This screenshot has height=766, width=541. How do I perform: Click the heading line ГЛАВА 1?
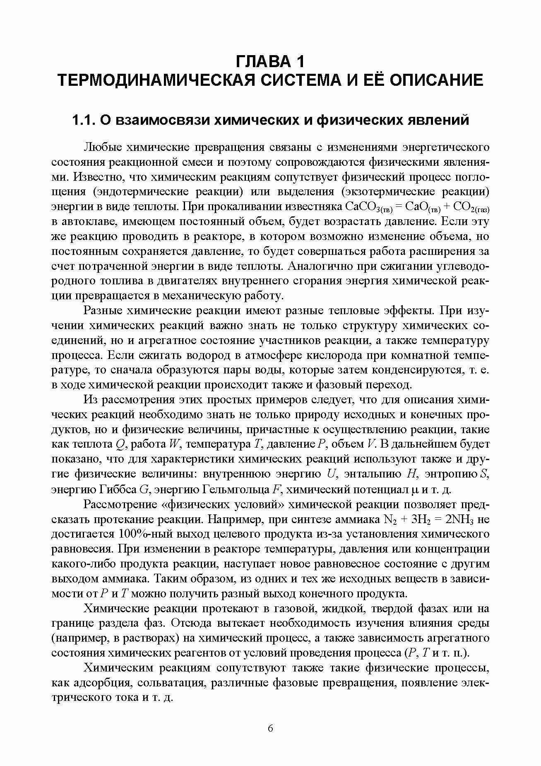pos(270,61)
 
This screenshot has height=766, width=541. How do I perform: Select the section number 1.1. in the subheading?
pos(84,120)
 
